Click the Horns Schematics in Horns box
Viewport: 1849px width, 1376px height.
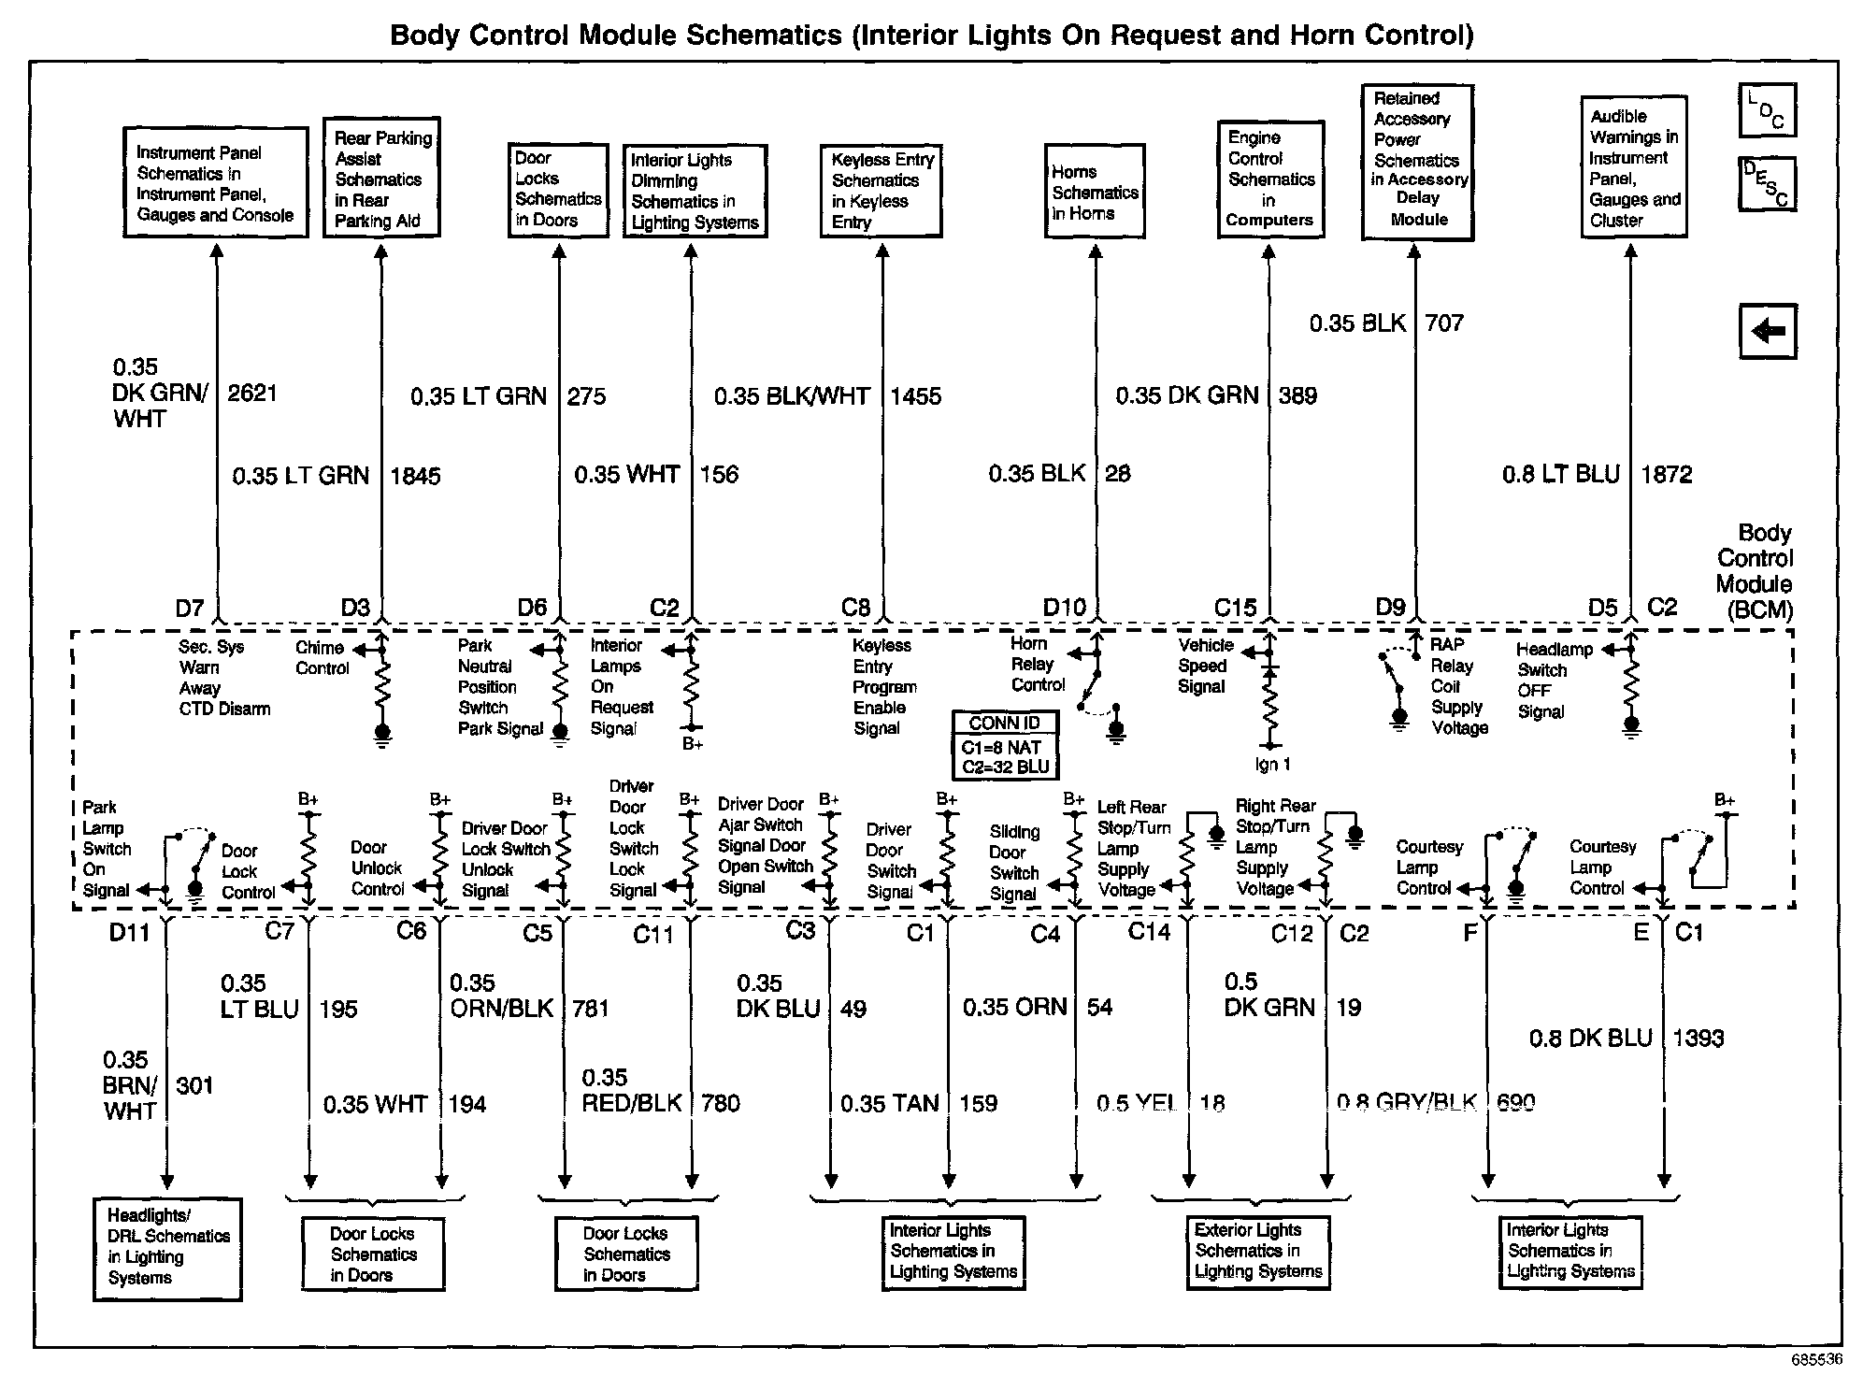(x=1095, y=192)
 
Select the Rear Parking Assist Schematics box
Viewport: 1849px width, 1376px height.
(x=381, y=178)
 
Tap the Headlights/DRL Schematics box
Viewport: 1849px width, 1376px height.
(x=167, y=1249)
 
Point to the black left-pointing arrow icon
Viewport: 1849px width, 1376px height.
(x=1768, y=331)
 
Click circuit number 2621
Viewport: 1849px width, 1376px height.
(x=252, y=393)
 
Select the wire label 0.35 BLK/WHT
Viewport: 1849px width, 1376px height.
(x=792, y=396)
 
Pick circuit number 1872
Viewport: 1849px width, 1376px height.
(x=1667, y=474)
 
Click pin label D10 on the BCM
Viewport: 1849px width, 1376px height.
(x=1065, y=608)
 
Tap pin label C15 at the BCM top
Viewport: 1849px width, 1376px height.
(x=1235, y=608)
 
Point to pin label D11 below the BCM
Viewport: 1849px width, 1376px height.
(x=129, y=933)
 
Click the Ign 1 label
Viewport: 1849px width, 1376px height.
(x=1272, y=765)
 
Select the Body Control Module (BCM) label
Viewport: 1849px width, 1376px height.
(x=1755, y=571)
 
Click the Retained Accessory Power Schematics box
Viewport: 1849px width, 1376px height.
(x=1417, y=162)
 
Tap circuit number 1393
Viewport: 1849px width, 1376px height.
(x=1698, y=1038)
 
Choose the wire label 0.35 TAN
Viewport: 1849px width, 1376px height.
(x=889, y=1103)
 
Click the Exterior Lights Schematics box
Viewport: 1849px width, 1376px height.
(x=1257, y=1252)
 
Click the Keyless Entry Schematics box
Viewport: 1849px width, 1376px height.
(x=881, y=191)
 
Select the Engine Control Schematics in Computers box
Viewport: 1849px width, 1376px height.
(x=1270, y=179)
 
